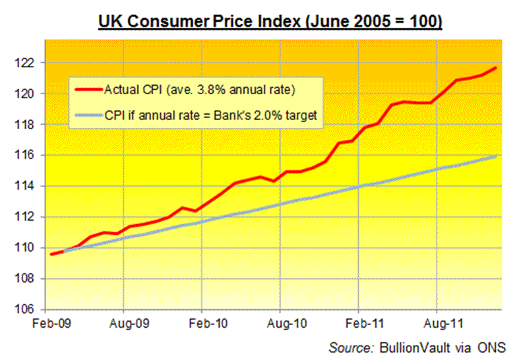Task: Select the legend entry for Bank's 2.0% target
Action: (210, 115)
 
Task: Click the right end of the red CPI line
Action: (496, 68)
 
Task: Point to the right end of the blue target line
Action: (496, 156)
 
